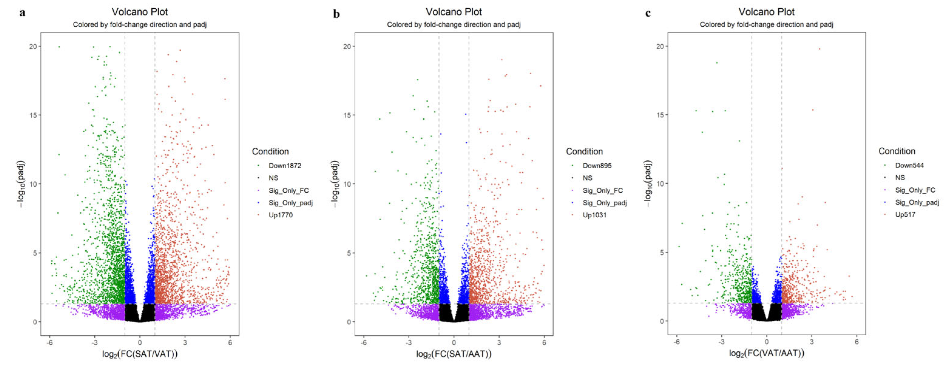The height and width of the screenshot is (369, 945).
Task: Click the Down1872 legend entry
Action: point(285,165)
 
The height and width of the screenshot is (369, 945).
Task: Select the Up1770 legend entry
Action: point(281,215)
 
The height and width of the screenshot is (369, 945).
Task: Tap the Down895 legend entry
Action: point(597,165)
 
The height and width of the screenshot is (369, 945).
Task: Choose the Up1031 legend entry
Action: point(594,215)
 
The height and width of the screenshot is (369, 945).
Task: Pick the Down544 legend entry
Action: point(909,165)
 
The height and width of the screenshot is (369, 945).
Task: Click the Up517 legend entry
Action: point(905,215)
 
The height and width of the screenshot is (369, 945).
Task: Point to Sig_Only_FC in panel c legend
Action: point(915,190)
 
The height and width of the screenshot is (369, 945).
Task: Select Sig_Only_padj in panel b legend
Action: point(605,203)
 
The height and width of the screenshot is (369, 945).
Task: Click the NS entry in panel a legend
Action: point(273,178)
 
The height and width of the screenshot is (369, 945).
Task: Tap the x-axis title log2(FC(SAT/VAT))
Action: point(140,354)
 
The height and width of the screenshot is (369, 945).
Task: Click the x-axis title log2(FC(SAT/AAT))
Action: point(454,354)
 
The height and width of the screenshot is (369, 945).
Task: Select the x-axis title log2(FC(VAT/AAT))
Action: point(767,354)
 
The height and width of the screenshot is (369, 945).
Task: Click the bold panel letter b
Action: point(336,14)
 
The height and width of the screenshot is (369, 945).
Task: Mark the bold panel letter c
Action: point(648,13)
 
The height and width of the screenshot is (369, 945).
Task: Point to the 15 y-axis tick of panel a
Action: point(33,115)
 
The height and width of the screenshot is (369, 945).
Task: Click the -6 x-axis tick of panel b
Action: point(363,343)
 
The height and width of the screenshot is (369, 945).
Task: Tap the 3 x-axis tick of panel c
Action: point(811,342)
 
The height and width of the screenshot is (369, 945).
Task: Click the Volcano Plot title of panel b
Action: point(454,12)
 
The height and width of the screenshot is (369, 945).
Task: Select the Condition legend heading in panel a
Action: point(270,151)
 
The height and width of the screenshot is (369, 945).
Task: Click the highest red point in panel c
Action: point(820,49)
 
